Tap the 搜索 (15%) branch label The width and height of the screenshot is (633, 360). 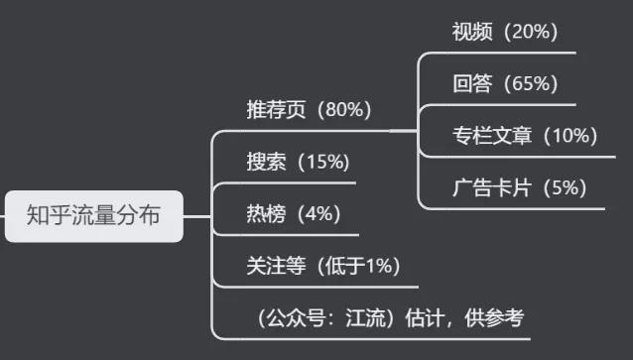click(298, 162)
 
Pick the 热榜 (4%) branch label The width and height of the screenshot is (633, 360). click(294, 213)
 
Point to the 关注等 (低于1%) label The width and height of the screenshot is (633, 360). click(323, 266)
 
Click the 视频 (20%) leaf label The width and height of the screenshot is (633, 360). click(505, 32)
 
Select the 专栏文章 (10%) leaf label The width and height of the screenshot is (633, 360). click(524, 135)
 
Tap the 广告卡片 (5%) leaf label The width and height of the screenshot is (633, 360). click(519, 186)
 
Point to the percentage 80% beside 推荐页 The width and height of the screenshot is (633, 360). click(347, 110)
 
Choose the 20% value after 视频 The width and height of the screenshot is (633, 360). click(532, 32)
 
